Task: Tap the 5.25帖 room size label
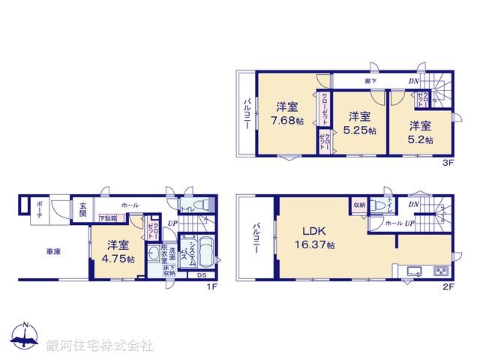pos(359,129)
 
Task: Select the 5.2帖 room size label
pos(421,139)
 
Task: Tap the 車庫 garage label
pos(52,252)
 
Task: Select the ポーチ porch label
pos(37,209)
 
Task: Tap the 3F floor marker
pos(447,160)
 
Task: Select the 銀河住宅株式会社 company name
pos(99,346)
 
